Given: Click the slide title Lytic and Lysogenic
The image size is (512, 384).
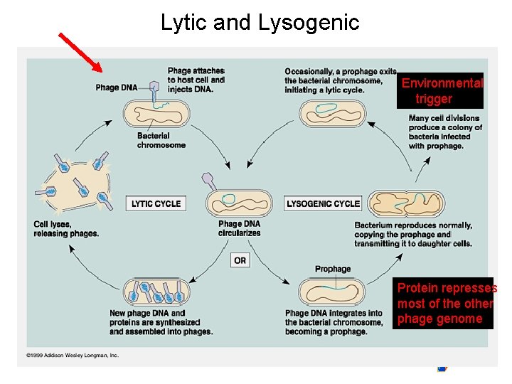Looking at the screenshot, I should click(260, 23).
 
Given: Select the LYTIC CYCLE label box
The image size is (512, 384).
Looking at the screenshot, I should click(156, 204).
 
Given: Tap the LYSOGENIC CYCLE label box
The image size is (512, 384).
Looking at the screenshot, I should click(323, 204).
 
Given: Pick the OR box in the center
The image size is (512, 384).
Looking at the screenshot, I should click(240, 260).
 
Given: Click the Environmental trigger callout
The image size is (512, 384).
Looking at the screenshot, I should click(440, 91).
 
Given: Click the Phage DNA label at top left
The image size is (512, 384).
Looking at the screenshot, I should click(117, 87).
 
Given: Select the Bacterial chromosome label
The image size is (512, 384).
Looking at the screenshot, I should click(161, 141).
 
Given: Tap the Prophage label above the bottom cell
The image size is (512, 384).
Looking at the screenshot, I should click(333, 269).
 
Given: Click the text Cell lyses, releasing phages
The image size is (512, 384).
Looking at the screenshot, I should click(66, 229).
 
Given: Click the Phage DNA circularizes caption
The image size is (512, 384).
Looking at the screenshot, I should click(240, 228).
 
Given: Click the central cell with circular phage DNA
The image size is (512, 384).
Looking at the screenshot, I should click(239, 203).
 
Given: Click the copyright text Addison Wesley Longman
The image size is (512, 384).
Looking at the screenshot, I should click(73, 355).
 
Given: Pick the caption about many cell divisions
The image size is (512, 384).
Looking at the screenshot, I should click(445, 132).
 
